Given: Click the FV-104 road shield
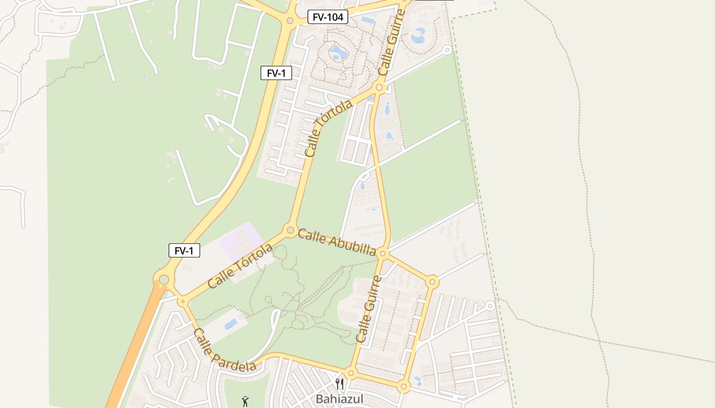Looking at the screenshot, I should click(328, 17).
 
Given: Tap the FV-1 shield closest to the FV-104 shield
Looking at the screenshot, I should click(276, 73).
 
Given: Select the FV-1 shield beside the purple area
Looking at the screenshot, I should click(184, 250).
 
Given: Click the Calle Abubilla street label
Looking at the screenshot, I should click(337, 242).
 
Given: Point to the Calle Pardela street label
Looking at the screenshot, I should click(224, 351).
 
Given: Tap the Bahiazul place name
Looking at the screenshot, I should click(340, 399).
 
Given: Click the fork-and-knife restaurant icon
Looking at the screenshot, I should click(340, 384).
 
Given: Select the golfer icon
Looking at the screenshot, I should click(246, 401).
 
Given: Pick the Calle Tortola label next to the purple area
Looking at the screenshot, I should click(240, 266).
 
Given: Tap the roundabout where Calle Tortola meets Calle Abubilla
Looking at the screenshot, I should click(291, 229).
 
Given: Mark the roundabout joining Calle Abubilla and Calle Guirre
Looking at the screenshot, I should click(384, 253).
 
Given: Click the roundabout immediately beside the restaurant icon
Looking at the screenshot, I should click(350, 373).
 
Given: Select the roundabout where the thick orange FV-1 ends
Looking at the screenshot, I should click(163, 279).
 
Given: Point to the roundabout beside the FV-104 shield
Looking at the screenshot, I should click(290, 21).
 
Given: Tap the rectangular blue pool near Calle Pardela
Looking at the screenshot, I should click(231, 324).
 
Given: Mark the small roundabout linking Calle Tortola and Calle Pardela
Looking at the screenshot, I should click(183, 301).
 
